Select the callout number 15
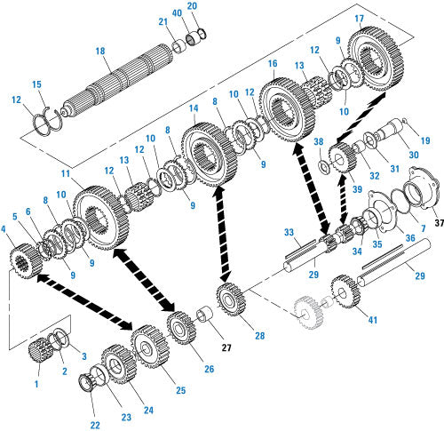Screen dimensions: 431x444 [x=36, y=84]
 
